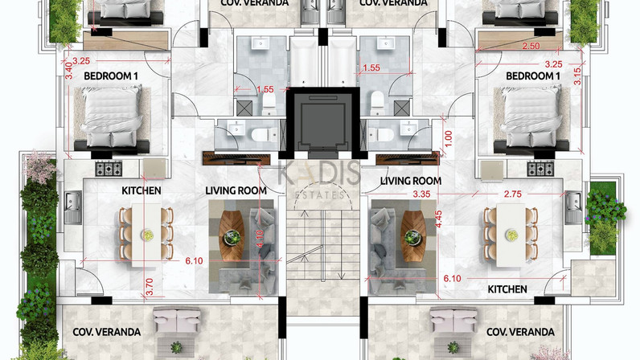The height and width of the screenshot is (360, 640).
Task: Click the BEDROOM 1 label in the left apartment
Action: [111, 76]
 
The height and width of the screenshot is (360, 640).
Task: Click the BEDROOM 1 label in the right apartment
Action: [532, 76]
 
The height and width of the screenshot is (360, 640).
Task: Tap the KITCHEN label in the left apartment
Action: [142, 190]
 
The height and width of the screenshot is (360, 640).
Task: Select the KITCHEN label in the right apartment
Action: [507, 289]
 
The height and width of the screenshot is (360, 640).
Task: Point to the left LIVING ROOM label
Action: [236, 190]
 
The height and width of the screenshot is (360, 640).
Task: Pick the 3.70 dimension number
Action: [149, 287]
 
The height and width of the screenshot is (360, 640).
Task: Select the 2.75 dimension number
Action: [513, 194]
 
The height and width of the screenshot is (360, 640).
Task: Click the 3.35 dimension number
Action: [421, 194]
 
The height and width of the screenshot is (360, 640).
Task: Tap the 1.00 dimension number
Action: [448, 139]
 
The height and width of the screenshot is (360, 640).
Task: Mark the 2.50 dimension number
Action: [531, 46]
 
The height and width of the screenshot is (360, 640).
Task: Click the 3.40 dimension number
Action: [69, 70]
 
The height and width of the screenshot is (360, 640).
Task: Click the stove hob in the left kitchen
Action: [109, 169]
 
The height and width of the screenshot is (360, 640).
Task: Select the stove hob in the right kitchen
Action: [540, 169]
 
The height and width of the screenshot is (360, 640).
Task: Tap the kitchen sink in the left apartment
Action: [73, 207]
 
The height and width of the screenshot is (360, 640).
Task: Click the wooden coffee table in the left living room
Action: [232, 236]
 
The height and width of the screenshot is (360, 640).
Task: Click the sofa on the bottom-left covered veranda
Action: [177, 320]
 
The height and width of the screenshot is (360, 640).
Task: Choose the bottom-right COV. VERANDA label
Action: [520, 332]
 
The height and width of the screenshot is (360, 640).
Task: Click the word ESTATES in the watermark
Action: [319, 195]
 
